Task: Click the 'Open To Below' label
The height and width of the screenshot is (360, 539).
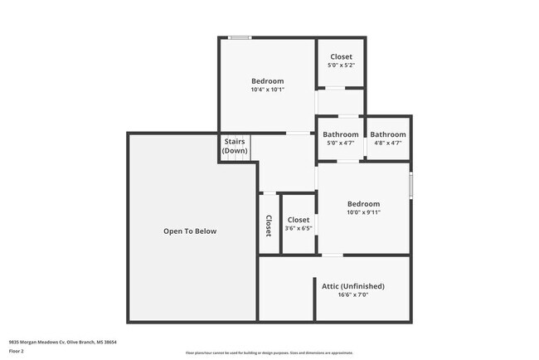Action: click(x=190, y=231)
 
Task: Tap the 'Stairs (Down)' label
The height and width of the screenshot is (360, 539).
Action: click(x=235, y=146)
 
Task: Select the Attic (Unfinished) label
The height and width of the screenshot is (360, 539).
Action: click(x=352, y=286)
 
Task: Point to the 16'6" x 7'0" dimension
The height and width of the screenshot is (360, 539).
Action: click(x=352, y=295)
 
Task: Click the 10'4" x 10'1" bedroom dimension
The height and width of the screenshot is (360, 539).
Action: click(x=268, y=90)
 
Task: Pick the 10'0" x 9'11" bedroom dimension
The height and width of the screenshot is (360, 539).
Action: click(x=363, y=212)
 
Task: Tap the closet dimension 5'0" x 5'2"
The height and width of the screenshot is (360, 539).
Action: click(x=341, y=65)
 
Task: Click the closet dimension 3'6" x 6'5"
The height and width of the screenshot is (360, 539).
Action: click(x=299, y=228)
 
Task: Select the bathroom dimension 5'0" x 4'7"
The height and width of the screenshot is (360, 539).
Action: click(x=341, y=143)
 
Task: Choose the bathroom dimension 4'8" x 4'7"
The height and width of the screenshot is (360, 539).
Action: click(x=388, y=143)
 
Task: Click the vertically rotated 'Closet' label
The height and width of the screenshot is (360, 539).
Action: click(x=269, y=226)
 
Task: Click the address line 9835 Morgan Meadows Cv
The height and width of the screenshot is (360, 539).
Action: click(x=63, y=341)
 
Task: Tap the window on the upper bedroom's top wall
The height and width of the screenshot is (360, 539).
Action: click(x=240, y=37)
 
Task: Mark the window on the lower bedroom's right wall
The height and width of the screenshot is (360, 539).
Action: click(x=410, y=184)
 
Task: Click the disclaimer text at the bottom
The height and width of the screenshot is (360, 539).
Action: click(x=269, y=353)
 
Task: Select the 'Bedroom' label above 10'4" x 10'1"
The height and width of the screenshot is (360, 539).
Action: click(x=268, y=81)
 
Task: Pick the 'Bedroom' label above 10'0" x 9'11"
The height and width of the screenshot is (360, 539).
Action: click(x=363, y=204)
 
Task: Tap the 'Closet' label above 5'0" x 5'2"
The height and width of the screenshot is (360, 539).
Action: click(x=341, y=56)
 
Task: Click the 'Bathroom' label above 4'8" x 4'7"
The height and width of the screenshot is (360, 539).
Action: click(x=388, y=134)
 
